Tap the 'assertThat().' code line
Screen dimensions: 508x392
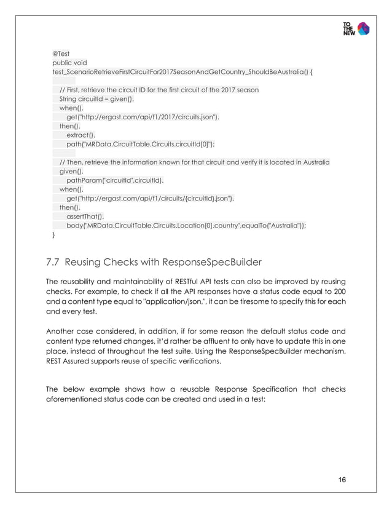tap(86, 216)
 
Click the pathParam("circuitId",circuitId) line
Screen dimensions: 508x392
tap(115, 180)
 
